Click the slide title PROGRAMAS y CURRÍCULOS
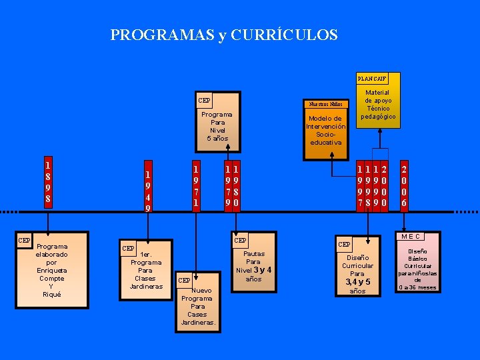click(x=224, y=35)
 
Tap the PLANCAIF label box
click(x=371, y=79)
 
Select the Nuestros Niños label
click(x=325, y=104)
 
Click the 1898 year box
click(x=47, y=181)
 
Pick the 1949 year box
click(x=148, y=190)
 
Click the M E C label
click(x=410, y=236)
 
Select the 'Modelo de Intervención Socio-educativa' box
click(x=325, y=131)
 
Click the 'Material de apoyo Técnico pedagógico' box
click(x=378, y=105)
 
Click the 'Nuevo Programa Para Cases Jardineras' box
click(x=198, y=303)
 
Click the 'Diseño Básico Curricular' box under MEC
click(x=418, y=269)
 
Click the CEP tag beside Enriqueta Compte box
click(x=24, y=240)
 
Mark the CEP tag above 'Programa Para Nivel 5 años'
click(x=204, y=101)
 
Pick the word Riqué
click(x=51, y=295)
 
